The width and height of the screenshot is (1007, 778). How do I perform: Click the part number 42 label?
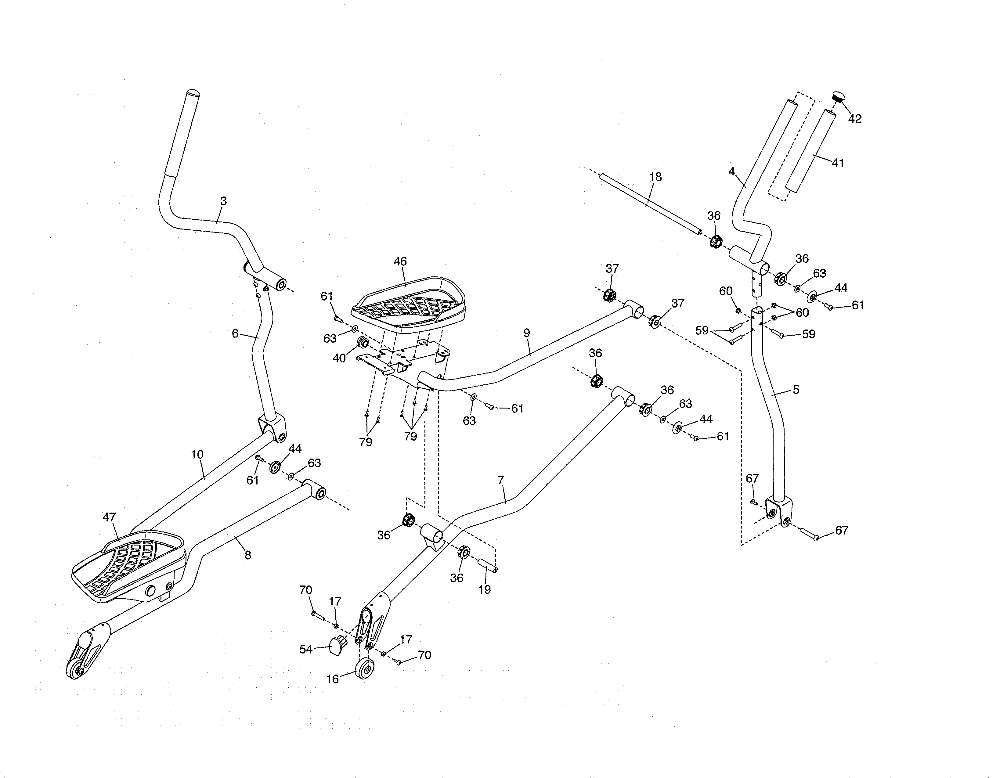point(854,119)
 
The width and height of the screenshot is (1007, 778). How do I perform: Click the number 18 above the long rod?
point(655,177)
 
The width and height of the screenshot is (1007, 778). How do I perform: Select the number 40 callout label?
point(339,358)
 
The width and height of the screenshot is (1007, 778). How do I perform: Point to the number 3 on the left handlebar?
point(223,201)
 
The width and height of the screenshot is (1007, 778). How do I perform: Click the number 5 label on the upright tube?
point(796,390)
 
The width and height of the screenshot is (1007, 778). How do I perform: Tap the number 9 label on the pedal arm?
point(527,333)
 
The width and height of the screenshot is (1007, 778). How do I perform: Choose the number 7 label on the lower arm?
point(501,481)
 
